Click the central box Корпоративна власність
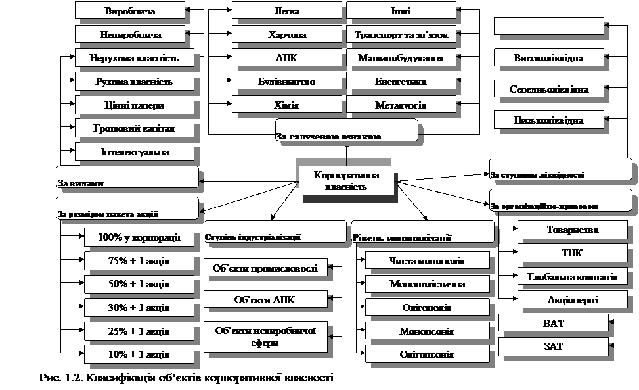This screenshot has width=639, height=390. pyautogui.click(x=346, y=181)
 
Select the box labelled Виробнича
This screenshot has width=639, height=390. pyautogui.click(x=130, y=11)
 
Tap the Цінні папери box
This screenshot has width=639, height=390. pyautogui.click(x=134, y=105)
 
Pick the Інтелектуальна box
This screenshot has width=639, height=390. pyautogui.click(x=135, y=152)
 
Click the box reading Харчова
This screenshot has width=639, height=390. pyautogui.click(x=287, y=35)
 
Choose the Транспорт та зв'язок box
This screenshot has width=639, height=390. pyautogui.click(x=401, y=35)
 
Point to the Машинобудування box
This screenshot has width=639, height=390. pyautogui.click(x=401, y=59)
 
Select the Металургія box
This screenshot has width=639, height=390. pyautogui.click(x=401, y=105)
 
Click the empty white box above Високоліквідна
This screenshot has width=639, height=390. pyautogui.click(x=548, y=25)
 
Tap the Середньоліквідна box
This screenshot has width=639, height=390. pyautogui.click(x=548, y=89)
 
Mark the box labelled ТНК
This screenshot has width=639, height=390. pyautogui.click(x=572, y=253)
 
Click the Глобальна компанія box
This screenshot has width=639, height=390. pyautogui.click(x=572, y=277)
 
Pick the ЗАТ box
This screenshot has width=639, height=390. pyautogui.click(x=553, y=347)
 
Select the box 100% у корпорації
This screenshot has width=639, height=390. pyautogui.click(x=139, y=237)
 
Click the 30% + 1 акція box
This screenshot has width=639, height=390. pyautogui.click(x=139, y=307)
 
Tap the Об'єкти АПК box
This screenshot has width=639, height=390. pyautogui.click(x=265, y=300)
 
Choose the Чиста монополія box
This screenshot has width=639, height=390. pyautogui.click(x=427, y=261)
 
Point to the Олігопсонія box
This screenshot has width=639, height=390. pyautogui.click(x=427, y=354)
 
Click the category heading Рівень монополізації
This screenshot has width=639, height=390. pyautogui.click(x=422, y=233)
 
